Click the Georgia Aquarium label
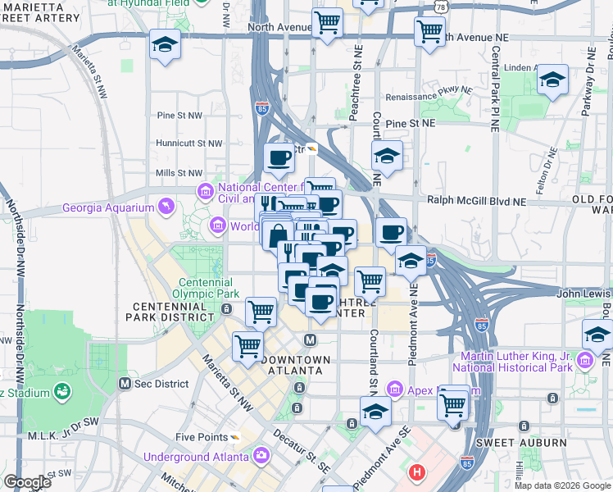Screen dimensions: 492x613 [x=107, y=208]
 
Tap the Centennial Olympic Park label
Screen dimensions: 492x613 [x=209, y=288]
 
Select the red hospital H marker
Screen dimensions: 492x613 [x=418, y=473]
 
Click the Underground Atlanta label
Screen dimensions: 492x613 [x=196, y=457]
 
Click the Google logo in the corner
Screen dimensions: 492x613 [x=27, y=482]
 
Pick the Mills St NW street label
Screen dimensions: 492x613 [x=178, y=173]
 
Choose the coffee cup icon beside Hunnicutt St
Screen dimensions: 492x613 [x=279, y=157]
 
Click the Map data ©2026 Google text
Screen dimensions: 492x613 [x=562, y=485]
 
